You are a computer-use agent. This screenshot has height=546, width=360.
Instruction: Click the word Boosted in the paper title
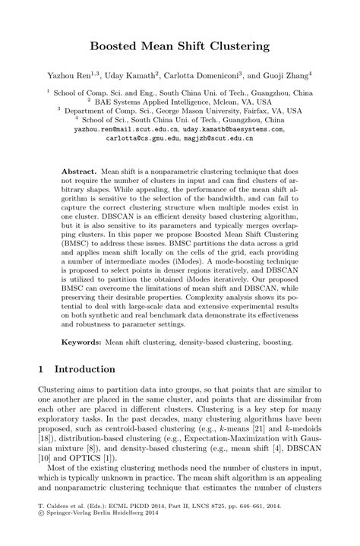point(118,47)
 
